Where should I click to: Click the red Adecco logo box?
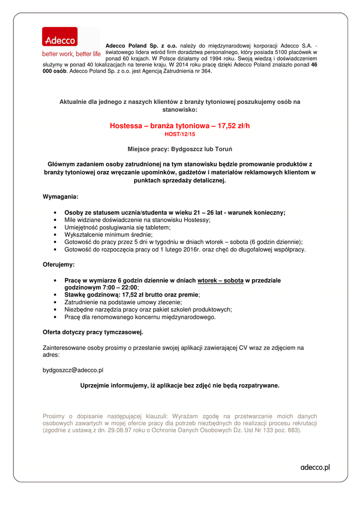60,37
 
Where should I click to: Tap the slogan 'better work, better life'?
71,54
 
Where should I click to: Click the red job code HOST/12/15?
180,134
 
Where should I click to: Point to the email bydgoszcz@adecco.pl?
73,370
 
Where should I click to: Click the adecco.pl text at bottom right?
315,467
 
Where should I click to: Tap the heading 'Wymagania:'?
60,197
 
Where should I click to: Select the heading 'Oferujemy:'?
59,264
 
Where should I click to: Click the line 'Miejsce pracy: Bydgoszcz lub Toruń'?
180,149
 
